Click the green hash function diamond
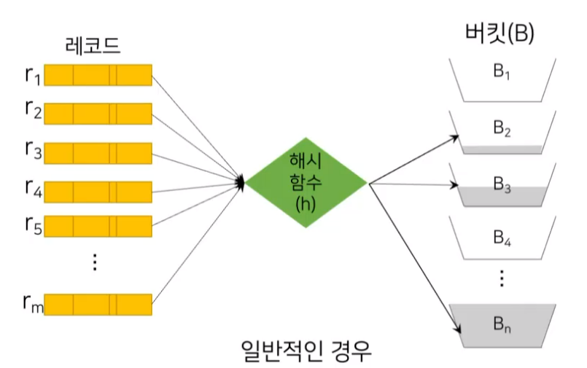point(307,182)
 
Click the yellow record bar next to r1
point(101,75)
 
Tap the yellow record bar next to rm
point(101,305)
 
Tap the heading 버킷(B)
point(499,34)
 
